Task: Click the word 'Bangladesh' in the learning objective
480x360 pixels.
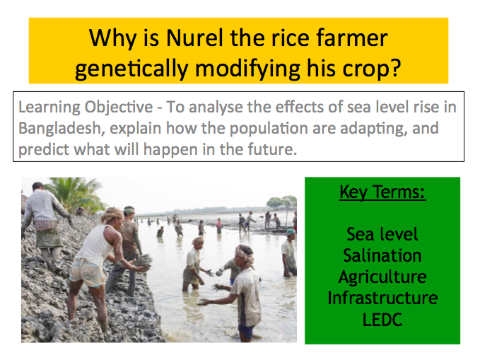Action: (59, 128)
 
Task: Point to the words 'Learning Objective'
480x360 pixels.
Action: (86, 108)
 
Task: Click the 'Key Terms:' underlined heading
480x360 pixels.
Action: (382, 192)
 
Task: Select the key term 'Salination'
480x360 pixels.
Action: (382, 255)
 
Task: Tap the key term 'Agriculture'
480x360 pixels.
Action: (382, 277)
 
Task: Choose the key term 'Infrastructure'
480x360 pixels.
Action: (382, 298)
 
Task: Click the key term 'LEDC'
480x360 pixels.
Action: (382, 320)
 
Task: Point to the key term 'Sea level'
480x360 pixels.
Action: (382, 234)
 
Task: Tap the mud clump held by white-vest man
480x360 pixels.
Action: (144, 262)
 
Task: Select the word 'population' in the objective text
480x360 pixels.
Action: (269, 129)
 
